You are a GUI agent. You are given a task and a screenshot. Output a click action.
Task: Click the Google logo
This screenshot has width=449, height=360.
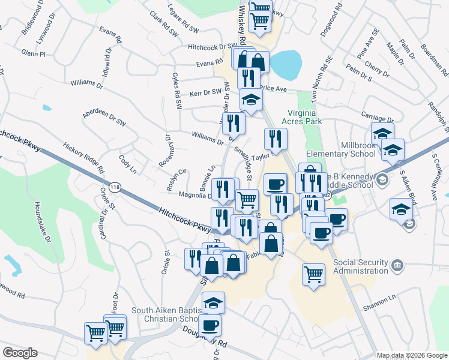[20, 353]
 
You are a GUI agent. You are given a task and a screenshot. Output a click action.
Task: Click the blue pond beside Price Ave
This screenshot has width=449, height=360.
[284, 64]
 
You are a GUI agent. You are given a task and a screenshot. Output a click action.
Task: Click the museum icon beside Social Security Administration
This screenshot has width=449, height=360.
[397, 265]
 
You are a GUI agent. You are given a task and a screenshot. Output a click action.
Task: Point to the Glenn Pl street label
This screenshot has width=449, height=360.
[34, 53]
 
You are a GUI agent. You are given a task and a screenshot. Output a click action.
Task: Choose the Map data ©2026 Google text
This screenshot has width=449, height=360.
[412, 355]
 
